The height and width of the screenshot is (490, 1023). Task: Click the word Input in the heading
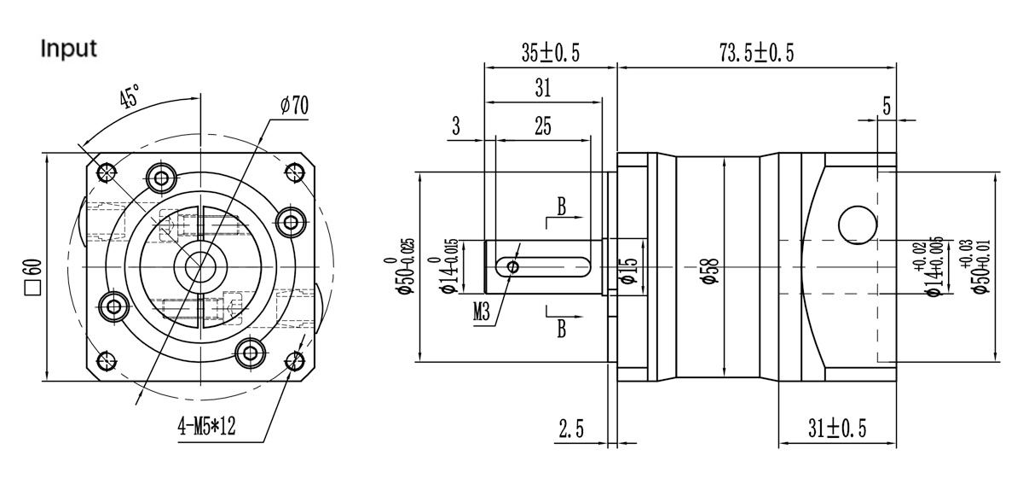point(69,49)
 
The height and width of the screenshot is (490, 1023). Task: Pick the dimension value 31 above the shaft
point(543,88)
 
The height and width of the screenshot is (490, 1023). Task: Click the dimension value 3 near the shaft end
point(456,127)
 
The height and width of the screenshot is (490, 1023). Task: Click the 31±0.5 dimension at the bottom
point(836,429)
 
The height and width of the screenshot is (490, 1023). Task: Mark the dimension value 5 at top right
point(887,107)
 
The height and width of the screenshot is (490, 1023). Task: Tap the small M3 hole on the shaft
point(512,267)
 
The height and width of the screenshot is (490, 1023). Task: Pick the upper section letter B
point(561,206)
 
